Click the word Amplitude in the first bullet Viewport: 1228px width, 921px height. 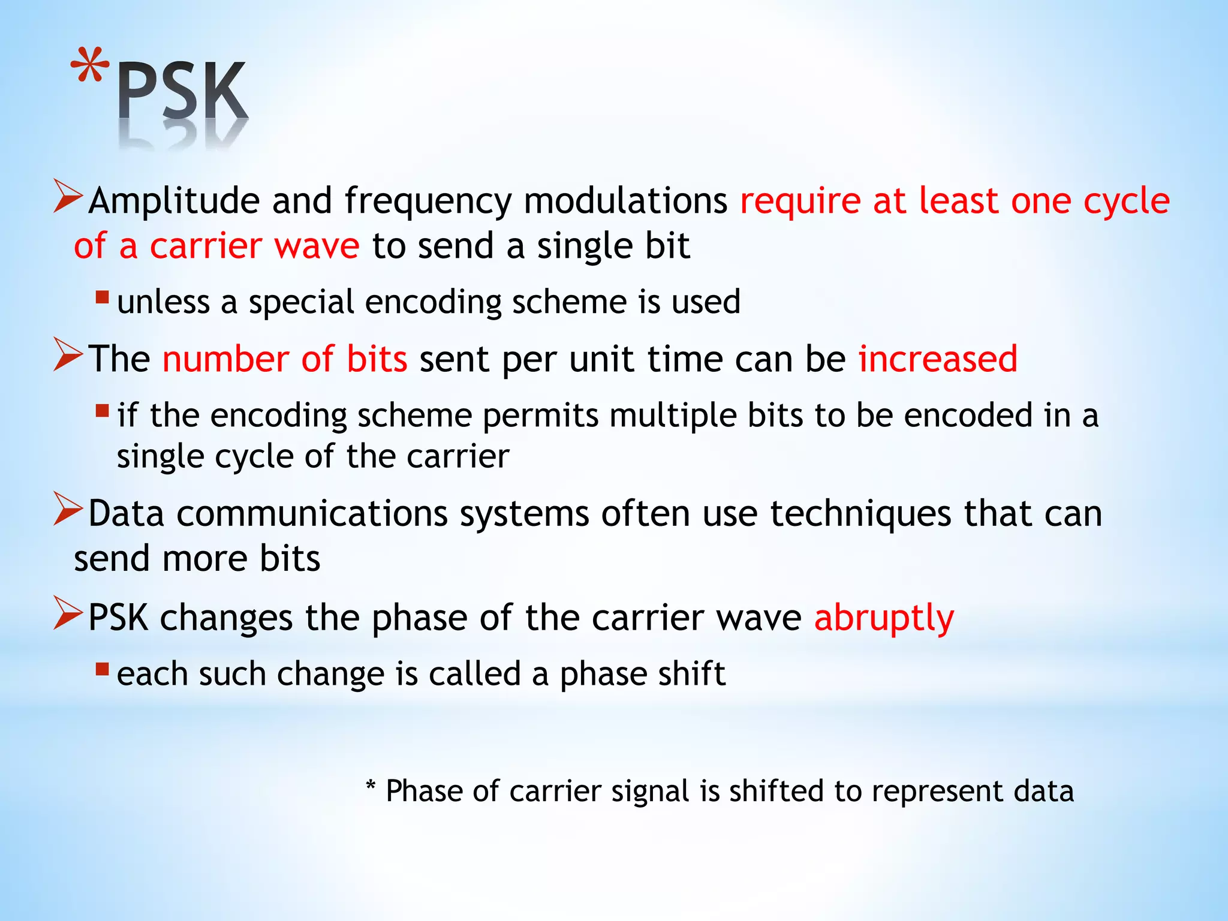[x=174, y=201]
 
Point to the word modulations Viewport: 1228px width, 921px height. [x=625, y=201]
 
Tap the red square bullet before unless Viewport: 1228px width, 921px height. [x=102, y=297]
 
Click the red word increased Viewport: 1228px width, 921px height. [x=938, y=359]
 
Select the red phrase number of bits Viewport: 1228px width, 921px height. [x=285, y=359]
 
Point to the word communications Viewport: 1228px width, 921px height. [x=312, y=514]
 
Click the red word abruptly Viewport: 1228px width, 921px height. [x=884, y=618]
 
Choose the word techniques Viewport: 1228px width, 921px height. [x=860, y=514]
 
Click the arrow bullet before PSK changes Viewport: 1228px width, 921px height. [x=67, y=613]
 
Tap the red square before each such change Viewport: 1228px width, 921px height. [x=102, y=669]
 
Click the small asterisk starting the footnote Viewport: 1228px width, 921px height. [x=371, y=785]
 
